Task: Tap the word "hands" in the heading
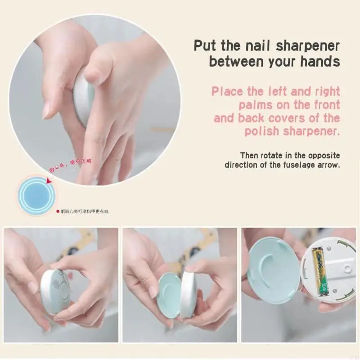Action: (317, 62)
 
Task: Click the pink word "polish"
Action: (264, 131)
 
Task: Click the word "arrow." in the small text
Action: (328, 165)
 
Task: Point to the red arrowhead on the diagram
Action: (49, 181)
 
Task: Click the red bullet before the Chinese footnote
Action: (58, 211)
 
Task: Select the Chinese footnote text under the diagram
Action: (85, 211)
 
